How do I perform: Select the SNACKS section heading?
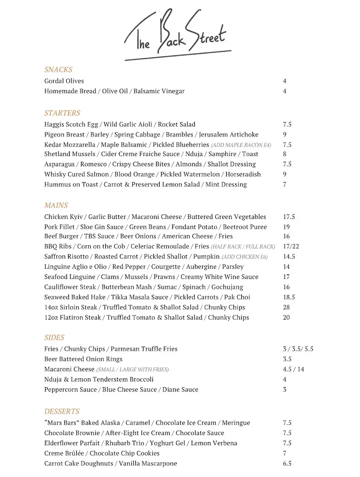click(58, 70)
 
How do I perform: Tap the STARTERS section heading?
click(62, 113)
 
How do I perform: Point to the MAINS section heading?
click(56, 205)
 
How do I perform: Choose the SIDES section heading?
click(54, 338)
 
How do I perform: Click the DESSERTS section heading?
click(61, 412)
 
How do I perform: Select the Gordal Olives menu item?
click(64, 81)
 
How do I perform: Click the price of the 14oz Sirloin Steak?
click(286, 307)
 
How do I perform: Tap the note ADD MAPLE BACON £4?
click(241, 145)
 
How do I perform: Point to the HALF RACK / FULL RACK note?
click(243, 247)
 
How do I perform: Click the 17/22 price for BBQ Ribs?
click(291, 246)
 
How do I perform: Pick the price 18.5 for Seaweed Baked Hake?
click(288, 297)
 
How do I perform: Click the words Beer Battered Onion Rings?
click(83, 359)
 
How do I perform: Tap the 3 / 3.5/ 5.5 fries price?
click(298, 349)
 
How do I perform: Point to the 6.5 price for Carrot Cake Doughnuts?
click(287, 463)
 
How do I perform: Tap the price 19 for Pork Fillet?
click(286, 227)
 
